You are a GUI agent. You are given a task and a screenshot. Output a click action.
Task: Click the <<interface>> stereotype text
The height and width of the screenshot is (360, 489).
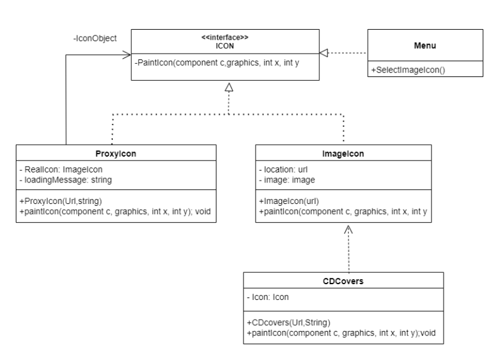(x=228, y=37)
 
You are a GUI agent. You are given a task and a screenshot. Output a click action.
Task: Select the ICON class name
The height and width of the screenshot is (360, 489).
(x=228, y=45)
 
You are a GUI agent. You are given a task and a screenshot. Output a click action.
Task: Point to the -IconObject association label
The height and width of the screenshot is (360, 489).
(x=95, y=38)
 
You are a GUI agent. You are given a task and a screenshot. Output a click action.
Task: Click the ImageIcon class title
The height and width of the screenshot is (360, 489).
(x=343, y=153)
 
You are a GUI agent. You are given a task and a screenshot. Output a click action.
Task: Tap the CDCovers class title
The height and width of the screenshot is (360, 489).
(x=343, y=280)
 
